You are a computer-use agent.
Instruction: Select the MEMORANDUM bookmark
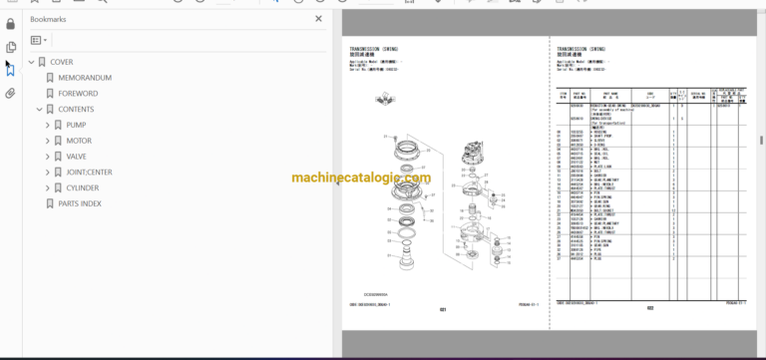coord(85,78)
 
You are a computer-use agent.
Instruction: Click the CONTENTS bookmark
coord(76,110)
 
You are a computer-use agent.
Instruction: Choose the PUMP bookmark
coord(77,125)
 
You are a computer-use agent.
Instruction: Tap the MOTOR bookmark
coord(79,141)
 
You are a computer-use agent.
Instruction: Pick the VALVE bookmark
coord(78,157)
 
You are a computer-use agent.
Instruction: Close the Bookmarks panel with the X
coord(319,18)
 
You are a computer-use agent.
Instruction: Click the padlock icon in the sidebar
coord(11,24)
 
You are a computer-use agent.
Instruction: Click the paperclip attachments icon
coord(11,94)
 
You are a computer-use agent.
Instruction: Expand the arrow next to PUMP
coord(47,125)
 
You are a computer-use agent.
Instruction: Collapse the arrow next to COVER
coord(31,62)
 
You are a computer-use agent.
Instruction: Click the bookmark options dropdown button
coord(39,40)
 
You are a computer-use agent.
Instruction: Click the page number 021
coord(444,309)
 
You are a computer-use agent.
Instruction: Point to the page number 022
coord(648,308)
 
